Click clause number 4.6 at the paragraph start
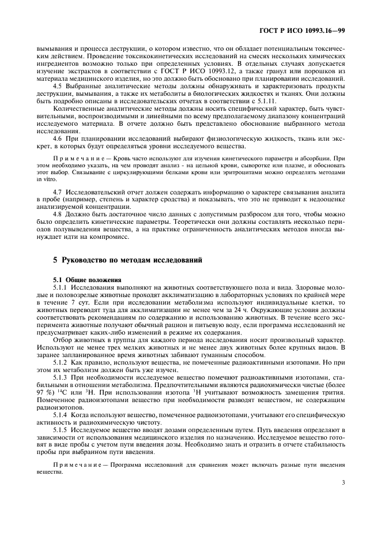(56, 139)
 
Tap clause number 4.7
(56, 190)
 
